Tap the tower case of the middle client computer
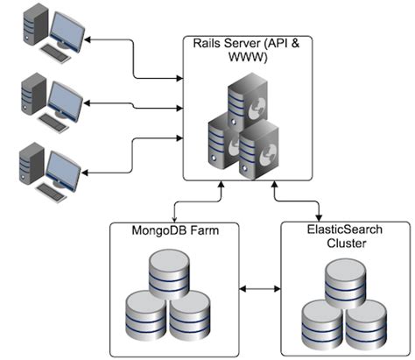32,99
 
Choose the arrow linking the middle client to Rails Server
131,104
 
